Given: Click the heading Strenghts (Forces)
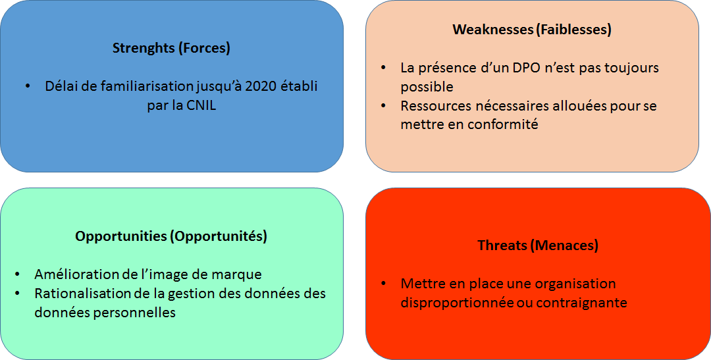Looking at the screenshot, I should coord(171,48).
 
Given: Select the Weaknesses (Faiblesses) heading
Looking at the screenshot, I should coord(532,30).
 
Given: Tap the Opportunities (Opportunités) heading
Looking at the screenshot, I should coord(171,236).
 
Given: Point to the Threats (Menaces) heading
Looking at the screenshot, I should coord(538,245).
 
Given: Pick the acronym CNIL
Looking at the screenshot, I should coord(201,105).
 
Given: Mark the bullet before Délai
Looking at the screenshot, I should coord(28,86).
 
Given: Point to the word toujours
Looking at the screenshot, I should coord(634,68).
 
